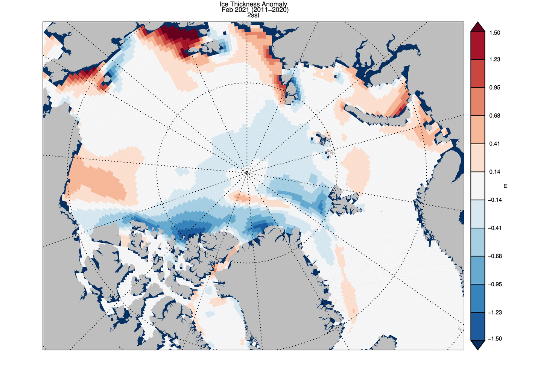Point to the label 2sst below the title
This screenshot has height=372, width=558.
click(253, 16)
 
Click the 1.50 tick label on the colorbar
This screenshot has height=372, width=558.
click(495, 33)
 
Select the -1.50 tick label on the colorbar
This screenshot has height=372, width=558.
click(494, 339)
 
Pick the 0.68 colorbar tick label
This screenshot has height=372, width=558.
click(495, 116)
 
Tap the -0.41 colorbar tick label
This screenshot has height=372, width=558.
click(494, 228)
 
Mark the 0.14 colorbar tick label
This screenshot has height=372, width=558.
click(495, 172)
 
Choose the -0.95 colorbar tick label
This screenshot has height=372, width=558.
click(494, 284)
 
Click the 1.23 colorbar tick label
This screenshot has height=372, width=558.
click(495, 59)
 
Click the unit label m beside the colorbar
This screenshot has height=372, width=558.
click(505, 186)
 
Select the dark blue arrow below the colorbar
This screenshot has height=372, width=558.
click(477, 345)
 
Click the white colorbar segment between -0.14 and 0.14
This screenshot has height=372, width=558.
click(477, 186)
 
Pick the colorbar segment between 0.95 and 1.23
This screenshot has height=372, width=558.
click(477, 74)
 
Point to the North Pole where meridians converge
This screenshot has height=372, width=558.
click(246, 173)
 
